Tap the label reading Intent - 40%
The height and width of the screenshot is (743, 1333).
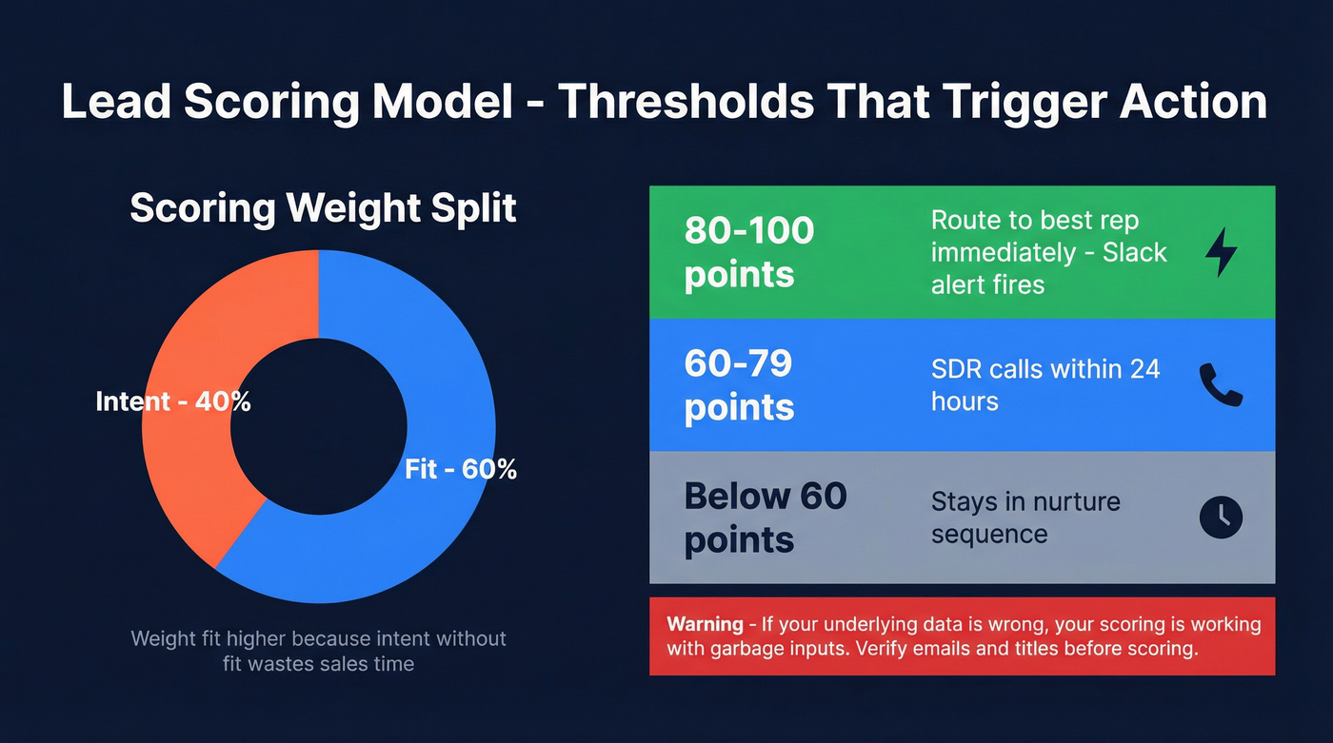point(173,401)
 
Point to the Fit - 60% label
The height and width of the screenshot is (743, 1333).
point(461,468)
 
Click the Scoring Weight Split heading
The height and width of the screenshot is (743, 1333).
point(323,207)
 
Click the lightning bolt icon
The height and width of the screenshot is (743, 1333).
point(1221,252)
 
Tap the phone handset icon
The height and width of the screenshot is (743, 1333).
point(1221,384)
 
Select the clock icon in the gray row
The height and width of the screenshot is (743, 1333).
point(1221,517)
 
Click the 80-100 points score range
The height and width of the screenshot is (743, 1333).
point(749,252)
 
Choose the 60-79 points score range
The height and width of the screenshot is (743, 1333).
point(739,384)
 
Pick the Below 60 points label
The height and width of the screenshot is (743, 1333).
point(766,517)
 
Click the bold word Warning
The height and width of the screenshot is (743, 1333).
point(705,624)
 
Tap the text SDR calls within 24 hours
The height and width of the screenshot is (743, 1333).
point(1045,384)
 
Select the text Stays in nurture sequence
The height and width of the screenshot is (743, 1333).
point(1025,517)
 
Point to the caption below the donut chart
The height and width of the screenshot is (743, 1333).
point(318,651)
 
